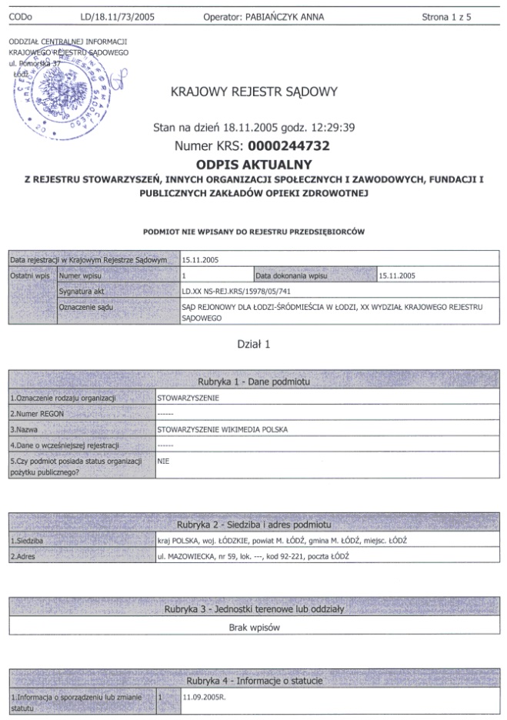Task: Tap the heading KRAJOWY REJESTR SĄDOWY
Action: coord(254,93)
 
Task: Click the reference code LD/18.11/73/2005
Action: coord(117,16)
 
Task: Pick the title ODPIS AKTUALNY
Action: coord(253,165)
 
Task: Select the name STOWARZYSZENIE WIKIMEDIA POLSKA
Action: coord(217,430)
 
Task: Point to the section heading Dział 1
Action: coord(253,345)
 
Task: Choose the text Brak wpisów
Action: coord(253,627)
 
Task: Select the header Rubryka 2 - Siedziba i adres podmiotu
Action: coord(254,524)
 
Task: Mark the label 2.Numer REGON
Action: coord(36,414)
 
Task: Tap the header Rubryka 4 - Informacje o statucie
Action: coord(254,681)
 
